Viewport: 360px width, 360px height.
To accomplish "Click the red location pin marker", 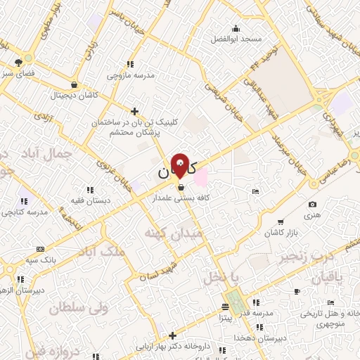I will [x=181, y=167].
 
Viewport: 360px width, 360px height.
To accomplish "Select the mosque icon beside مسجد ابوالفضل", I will [x=236, y=29].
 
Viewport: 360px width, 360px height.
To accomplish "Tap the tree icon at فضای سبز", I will [x=18, y=63].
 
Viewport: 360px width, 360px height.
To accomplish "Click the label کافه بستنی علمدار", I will [x=182, y=198].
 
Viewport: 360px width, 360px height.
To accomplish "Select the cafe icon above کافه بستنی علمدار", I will [x=182, y=188].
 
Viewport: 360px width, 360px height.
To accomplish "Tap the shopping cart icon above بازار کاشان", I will [x=281, y=222].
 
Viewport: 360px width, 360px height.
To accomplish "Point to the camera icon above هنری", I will [x=312, y=205].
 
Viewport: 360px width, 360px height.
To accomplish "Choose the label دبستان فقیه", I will [x=90, y=199].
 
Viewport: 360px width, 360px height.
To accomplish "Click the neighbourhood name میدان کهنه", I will [x=172, y=232].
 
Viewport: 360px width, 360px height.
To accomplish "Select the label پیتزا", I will [x=225, y=318].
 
